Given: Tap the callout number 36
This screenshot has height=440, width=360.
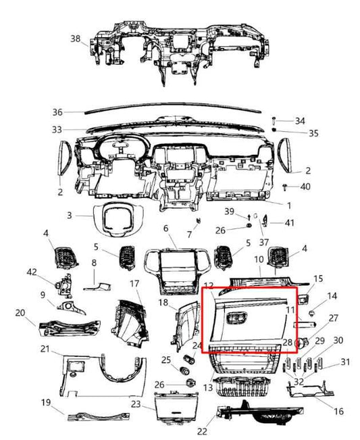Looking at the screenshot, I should pos(57,112).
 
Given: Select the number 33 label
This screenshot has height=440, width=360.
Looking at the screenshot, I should pos(57,129).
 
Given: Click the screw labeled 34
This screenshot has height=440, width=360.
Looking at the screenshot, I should pos(275,119).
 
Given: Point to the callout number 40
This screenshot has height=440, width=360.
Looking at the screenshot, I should pos(305,186).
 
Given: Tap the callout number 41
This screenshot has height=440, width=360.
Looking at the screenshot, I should pos(290,222).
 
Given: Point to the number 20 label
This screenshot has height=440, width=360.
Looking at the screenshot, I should pos(20,313).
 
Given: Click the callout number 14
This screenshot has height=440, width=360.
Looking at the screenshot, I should pos(331,295).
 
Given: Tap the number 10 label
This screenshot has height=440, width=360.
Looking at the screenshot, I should pos(258,260).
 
